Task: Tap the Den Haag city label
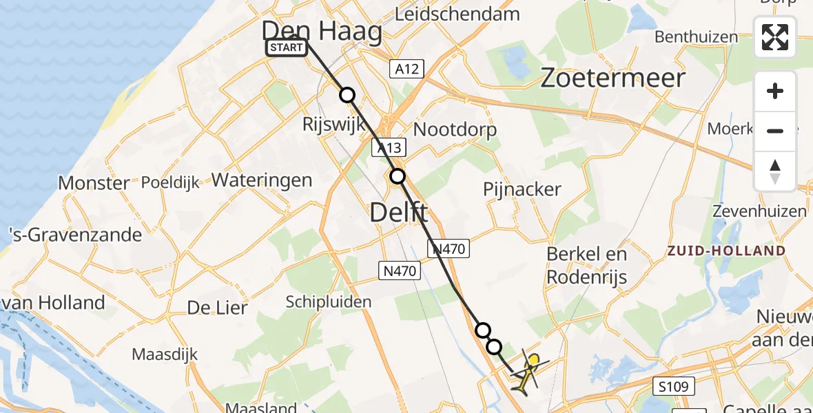pos(322,32)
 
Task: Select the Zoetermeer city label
pos(613,78)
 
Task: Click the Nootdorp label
pos(455,129)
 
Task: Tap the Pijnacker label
pos(522,189)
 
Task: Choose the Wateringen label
pos(262,180)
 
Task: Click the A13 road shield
pos(389,147)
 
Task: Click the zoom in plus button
pos(775,91)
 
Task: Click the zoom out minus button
pos(775,131)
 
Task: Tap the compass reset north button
pos(775,171)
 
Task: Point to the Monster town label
pos(94,183)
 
